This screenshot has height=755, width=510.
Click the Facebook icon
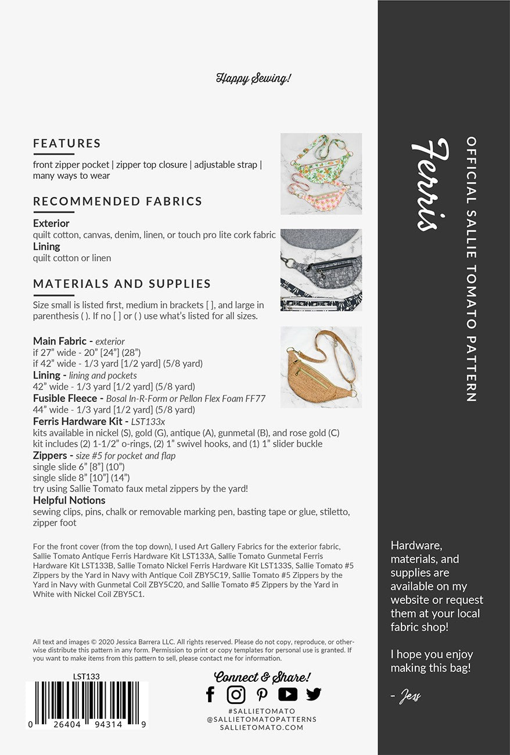click(x=210, y=694)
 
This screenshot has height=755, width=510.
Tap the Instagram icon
click(x=236, y=694)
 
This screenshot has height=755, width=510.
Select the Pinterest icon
click(x=262, y=695)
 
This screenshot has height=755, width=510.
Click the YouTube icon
click(x=288, y=694)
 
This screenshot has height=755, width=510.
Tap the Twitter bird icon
click(x=314, y=694)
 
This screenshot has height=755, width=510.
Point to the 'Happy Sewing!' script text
click(x=253, y=78)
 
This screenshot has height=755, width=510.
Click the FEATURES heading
click(x=67, y=143)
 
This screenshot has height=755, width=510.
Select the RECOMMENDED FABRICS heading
click(x=117, y=202)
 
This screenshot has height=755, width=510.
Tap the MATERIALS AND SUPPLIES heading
click(x=121, y=284)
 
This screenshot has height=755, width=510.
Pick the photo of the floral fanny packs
click(x=321, y=174)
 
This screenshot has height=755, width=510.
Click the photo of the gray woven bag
click(x=321, y=270)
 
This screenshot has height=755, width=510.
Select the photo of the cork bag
click(x=321, y=367)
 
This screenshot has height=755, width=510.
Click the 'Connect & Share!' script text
click(x=262, y=677)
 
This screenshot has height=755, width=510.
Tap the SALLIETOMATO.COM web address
click(x=261, y=728)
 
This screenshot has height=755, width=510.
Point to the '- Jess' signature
click(x=406, y=696)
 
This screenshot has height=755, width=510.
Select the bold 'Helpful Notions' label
click(x=69, y=500)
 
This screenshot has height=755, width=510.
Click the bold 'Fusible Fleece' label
click(x=67, y=398)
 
